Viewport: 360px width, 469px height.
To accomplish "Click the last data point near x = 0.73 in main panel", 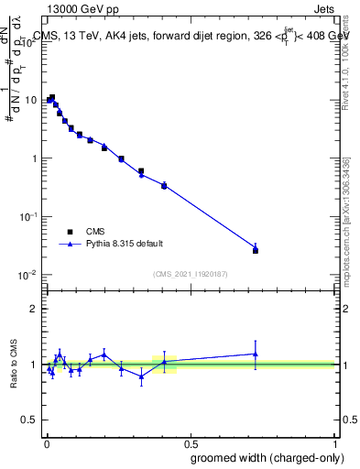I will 256,249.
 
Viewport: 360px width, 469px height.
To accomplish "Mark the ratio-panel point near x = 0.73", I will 256,354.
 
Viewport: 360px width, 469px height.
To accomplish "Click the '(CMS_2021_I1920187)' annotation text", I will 190,274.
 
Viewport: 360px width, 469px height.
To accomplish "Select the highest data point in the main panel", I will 52,97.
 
